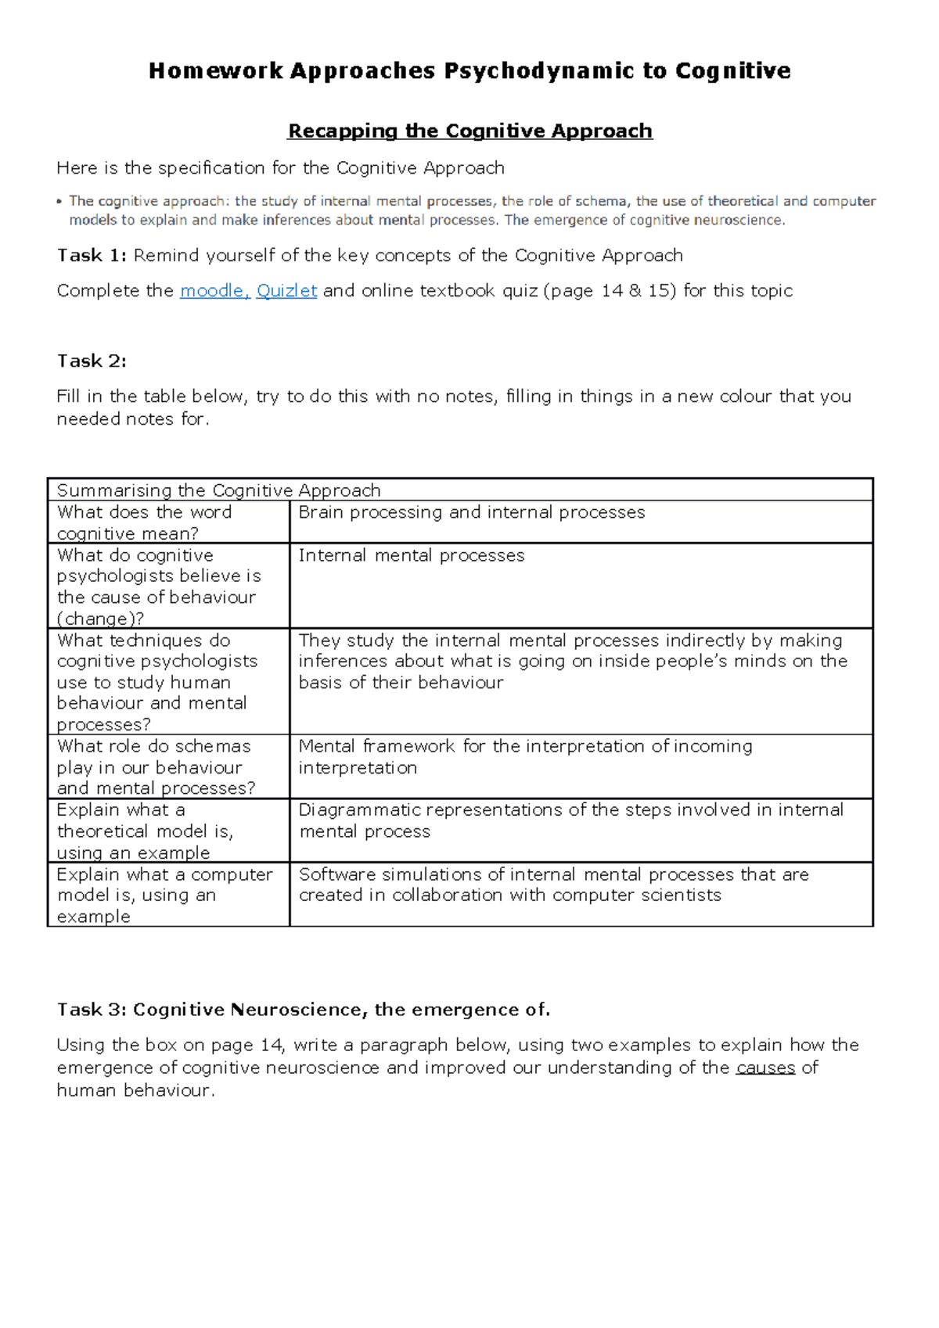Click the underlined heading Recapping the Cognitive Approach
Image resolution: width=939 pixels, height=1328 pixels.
tap(469, 131)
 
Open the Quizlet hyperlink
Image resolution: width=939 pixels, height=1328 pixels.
tap(286, 291)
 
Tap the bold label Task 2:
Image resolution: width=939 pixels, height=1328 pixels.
tap(91, 361)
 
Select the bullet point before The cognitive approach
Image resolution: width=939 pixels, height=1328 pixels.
tap(59, 202)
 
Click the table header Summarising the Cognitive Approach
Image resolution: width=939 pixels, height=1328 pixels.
tap(218, 490)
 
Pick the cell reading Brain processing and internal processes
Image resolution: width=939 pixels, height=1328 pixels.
tap(472, 512)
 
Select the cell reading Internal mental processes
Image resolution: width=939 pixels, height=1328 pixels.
tap(412, 555)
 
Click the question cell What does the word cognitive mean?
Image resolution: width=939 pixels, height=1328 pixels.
tap(145, 522)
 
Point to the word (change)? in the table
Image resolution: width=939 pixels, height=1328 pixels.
tap(100, 619)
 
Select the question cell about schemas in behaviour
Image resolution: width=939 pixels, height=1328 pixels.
tap(155, 767)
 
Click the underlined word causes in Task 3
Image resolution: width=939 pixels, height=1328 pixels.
tap(765, 1068)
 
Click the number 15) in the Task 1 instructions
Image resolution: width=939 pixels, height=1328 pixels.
tap(661, 291)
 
